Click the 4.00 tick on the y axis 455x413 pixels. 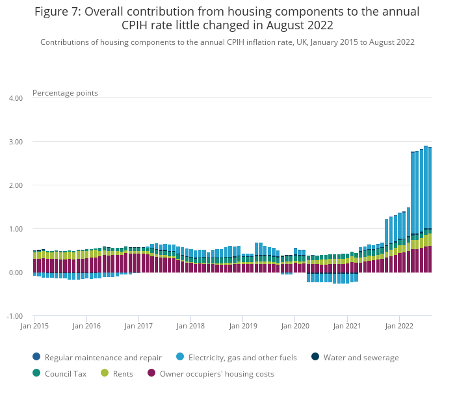tap(15, 98)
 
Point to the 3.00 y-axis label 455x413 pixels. tap(15, 142)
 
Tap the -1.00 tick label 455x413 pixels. tap(14, 316)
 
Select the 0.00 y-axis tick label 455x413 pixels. tap(15, 273)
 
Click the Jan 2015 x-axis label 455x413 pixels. tap(35, 325)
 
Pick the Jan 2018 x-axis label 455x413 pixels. tap(190, 325)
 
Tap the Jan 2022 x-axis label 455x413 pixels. tap(400, 325)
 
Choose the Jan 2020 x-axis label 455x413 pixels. tap(295, 325)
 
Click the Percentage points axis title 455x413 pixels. tap(65, 93)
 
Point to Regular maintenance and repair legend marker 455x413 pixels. tap(36, 356)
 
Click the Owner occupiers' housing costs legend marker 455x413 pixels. tap(152, 373)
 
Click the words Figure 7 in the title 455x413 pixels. tap(57, 12)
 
